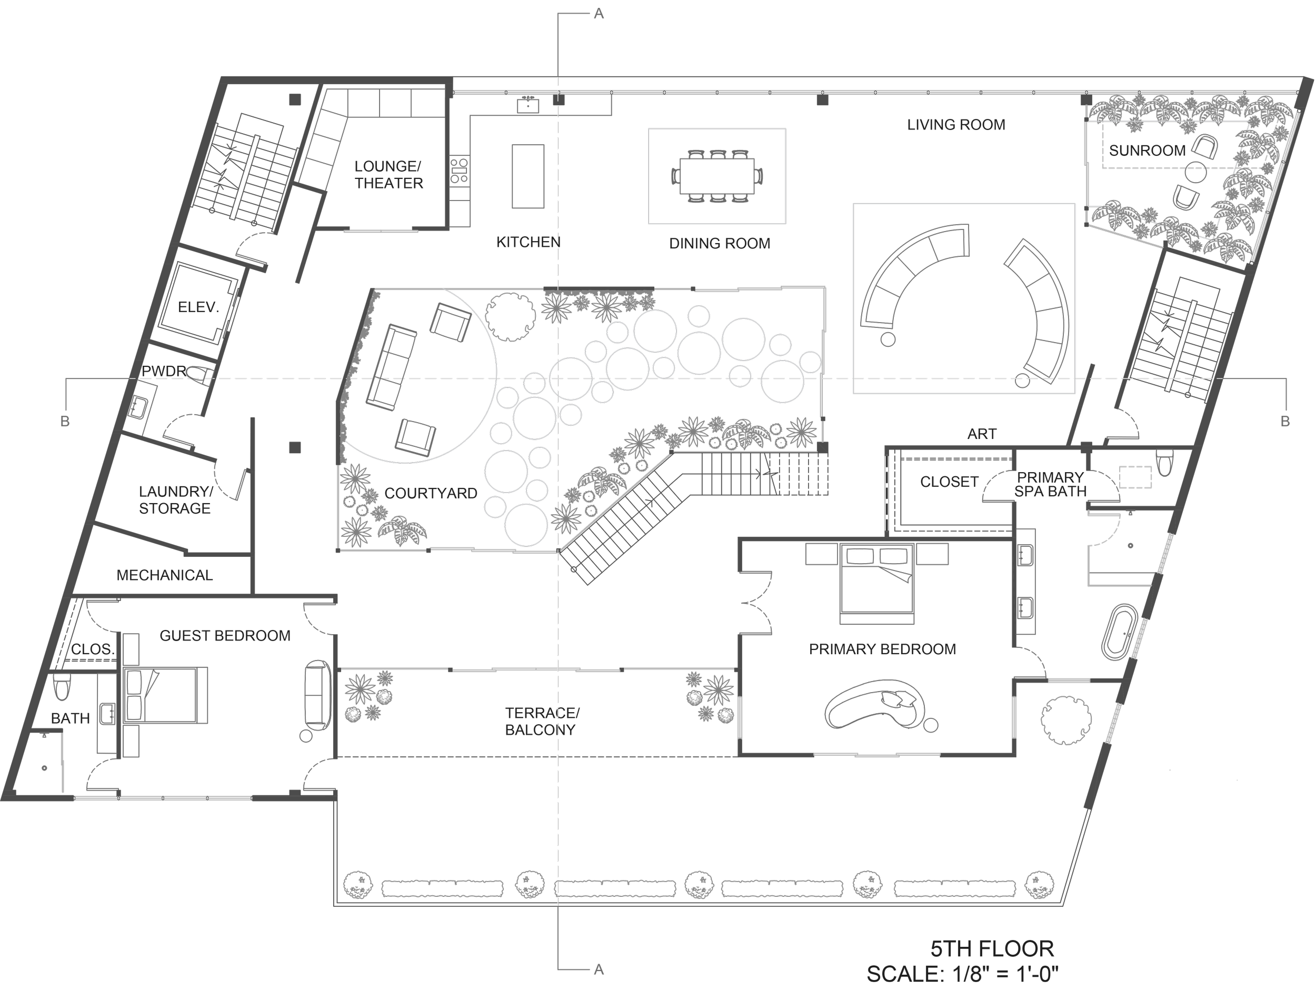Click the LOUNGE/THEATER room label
(388, 174)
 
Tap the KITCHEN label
(528, 242)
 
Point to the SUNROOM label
(1147, 151)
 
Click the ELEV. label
(198, 307)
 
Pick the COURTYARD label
(431, 493)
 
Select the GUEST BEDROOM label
(225, 636)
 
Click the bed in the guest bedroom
(165, 695)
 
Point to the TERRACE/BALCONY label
(541, 722)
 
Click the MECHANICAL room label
(164, 575)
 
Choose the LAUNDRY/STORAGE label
(175, 500)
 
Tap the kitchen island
(528, 176)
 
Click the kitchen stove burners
(459, 169)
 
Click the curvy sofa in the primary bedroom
(875, 706)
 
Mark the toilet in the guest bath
(61, 687)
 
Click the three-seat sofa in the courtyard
(391, 367)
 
